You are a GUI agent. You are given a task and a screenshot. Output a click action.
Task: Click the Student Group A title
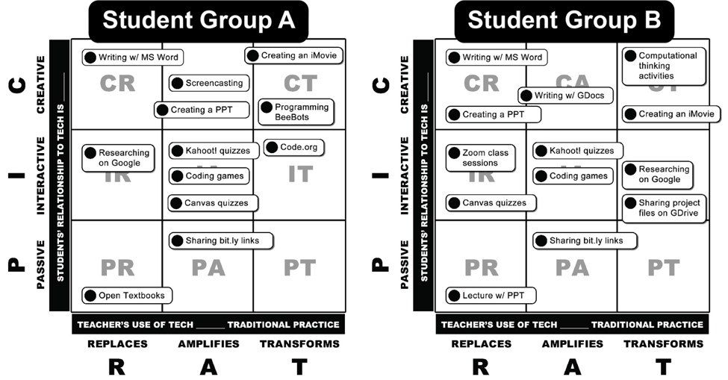[199, 20]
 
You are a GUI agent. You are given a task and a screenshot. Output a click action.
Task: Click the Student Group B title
[564, 20]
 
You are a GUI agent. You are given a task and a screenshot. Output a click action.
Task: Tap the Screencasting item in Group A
[208, 84]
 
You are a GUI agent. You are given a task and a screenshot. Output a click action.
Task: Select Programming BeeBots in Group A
[296, 112]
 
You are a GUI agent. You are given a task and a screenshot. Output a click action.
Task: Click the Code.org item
[293, 148]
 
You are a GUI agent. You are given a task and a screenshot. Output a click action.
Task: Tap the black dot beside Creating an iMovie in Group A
[253, 55]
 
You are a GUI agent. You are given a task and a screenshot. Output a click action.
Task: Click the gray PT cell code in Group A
[299, 267]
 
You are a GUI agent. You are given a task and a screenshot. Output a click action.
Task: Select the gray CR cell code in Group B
[482, 83]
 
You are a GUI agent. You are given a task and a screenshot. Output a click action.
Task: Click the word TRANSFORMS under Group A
[299, 344]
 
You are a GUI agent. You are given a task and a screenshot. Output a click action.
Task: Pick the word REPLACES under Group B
[481, 344]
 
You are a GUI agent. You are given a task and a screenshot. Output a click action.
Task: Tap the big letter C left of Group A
[18, 85]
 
